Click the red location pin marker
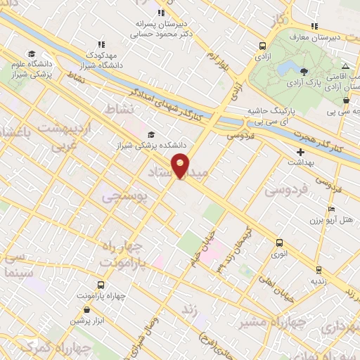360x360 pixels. click(x=180, y=166)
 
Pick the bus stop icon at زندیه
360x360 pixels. click(x=319, y=269)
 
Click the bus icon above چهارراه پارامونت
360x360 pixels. click(x=101, y=285)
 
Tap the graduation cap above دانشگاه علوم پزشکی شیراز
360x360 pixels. click(x=30, y=53)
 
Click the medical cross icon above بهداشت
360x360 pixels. click(x=301, y=151)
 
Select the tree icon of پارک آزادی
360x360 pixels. click(x=304, y=72)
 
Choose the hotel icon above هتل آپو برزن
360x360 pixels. click(x=331, y=209)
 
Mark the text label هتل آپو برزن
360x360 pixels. click(x=330, y=221)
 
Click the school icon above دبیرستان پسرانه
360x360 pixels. click(x=161, y=12)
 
